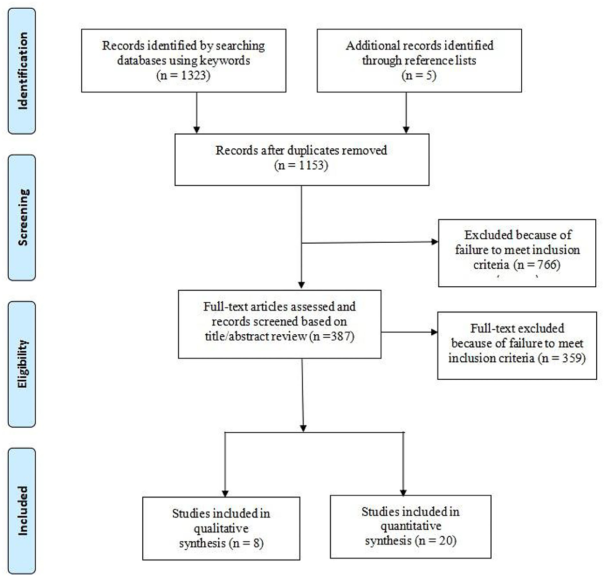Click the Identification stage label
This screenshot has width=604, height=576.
pyautogui.click(x=22, y=71)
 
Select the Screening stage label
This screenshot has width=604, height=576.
pyautogui.click(x=23, y=217)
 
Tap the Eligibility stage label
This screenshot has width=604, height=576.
pyautogui.click(x=22, y=364)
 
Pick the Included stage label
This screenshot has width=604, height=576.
pyautogui.click(x=22, y=511)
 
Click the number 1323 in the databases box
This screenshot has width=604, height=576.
pyautogui.click(x=193, y=76)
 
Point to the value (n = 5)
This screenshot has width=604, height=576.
pyautogui.click(x=419, y=76)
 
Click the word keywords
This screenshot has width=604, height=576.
pyautogui.click(x=225, y=61)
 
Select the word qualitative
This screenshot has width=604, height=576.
pyautogui.click(x=221, y=529)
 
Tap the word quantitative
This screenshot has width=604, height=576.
pyautogui.click(x=411, y=526)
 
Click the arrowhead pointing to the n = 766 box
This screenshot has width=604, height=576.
pyautogui.click(x=435, y=242)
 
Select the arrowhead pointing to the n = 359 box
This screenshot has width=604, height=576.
pyautogui.click(x=434, y=332)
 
